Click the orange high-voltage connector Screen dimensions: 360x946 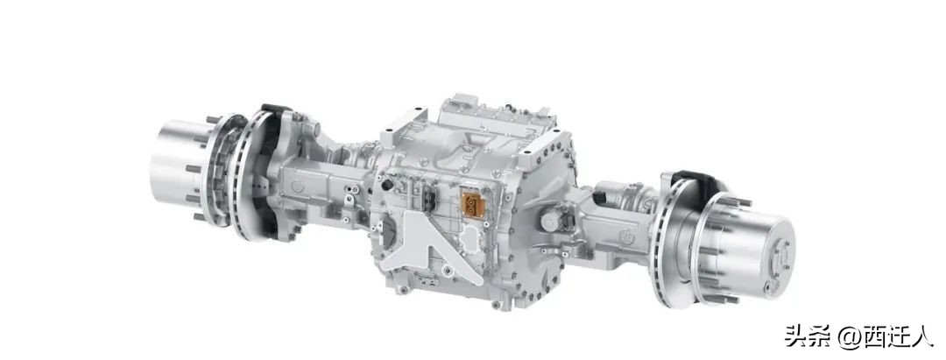(474, 207)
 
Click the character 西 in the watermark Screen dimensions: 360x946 (872, 335)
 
